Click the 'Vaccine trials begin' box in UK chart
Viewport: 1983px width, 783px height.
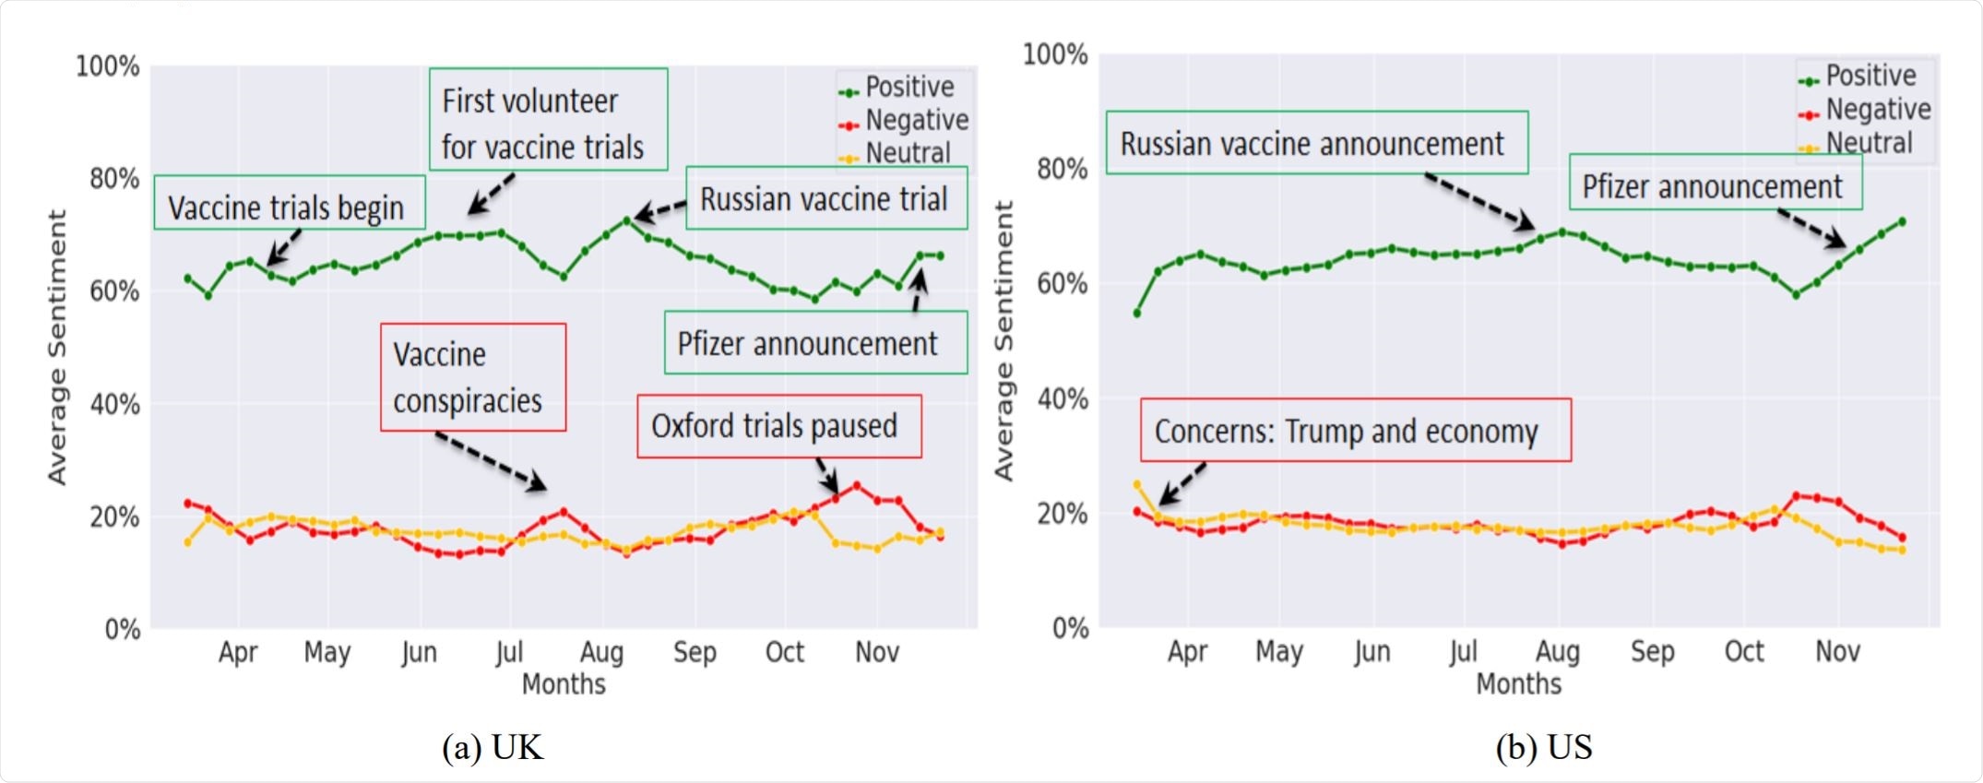289,203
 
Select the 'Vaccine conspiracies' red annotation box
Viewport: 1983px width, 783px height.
472,377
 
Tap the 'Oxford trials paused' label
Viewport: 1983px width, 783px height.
778,426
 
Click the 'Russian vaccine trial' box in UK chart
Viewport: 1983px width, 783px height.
825,198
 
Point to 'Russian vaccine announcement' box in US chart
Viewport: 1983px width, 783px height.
1316,143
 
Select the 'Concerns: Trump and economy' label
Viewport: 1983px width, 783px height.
1355,431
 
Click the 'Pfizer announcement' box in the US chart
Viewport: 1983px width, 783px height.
1715,186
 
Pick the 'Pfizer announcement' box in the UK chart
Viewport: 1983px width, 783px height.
815,343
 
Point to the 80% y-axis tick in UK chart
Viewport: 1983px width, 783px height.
114,178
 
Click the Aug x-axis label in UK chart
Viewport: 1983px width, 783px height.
601,652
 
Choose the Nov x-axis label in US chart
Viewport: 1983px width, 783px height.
1836,651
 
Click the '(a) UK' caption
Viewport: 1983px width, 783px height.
493,746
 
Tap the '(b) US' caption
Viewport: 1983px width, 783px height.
1543,746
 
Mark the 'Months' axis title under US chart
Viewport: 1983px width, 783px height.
1518,683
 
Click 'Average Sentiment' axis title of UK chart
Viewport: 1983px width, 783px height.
57,347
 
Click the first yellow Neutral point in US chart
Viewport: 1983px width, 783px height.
1136,484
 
